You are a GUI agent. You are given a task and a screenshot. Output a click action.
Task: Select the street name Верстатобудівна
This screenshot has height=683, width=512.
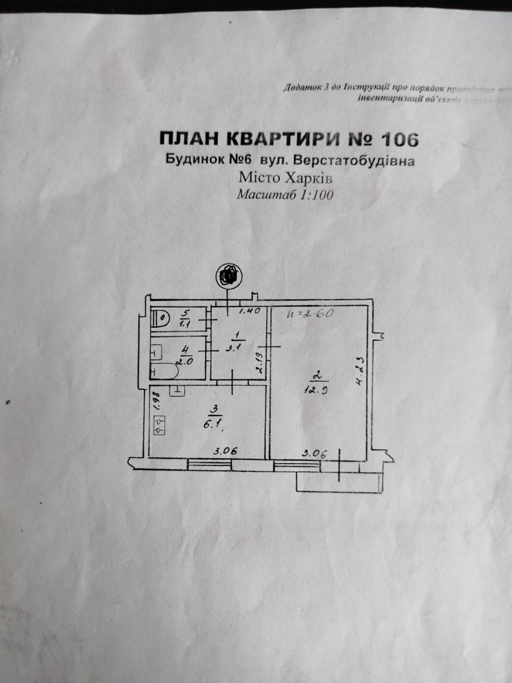pos(354,161)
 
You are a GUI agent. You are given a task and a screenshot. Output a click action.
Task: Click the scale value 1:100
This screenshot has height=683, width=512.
pos(316,195)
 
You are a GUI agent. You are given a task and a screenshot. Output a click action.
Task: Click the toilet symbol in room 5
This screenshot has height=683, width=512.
pos(159,317)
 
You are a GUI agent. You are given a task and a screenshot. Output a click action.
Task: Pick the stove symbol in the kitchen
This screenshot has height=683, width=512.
pos(160,426)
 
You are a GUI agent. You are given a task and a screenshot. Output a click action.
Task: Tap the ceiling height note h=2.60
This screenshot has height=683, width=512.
pos(311,314)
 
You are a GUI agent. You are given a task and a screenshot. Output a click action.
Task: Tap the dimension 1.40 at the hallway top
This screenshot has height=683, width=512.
pos(249,311)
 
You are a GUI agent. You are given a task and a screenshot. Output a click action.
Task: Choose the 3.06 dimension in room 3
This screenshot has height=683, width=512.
pos(226,452)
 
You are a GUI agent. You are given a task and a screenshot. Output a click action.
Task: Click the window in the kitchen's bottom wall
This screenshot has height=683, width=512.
pos(209,464)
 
